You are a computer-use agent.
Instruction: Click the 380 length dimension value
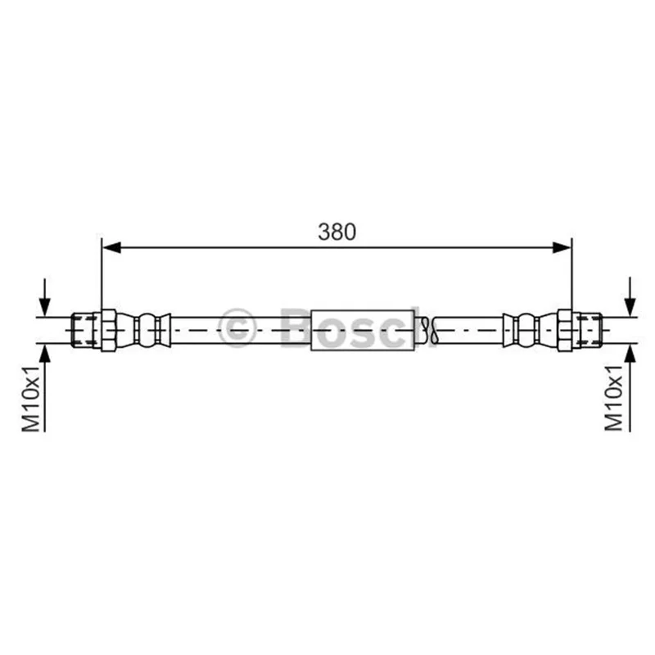pos(337,232)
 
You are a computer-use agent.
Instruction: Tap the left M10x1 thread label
pos(30,398)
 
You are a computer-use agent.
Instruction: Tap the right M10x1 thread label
pos(613,397)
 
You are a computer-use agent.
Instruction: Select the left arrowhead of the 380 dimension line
pos(111,248)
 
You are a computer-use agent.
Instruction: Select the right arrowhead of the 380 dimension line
pos(562,248)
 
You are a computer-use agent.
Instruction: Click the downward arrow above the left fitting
pos(44,298)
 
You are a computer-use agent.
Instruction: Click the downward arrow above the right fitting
pos(630,297)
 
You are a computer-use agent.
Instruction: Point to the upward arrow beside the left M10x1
pos(45,387)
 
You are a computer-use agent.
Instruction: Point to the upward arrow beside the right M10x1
pos(630,387)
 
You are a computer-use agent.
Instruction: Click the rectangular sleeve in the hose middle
pos(363,331)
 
